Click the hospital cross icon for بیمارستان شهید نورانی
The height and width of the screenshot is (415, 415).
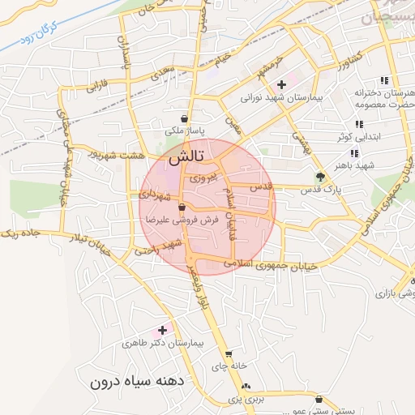tap(281, 84)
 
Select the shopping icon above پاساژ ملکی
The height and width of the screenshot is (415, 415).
tap(186, 118)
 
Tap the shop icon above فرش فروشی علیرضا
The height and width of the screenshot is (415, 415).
tap(192, 207)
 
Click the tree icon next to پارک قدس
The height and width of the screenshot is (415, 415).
tap(320, 177)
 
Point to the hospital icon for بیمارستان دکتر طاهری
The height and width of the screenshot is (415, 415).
tap(162, 330)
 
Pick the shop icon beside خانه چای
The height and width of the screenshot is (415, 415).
tap(229, 354)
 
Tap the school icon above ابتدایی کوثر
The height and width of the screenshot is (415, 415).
tap(358, 125)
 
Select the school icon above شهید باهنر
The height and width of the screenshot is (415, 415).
tap(354, 152)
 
